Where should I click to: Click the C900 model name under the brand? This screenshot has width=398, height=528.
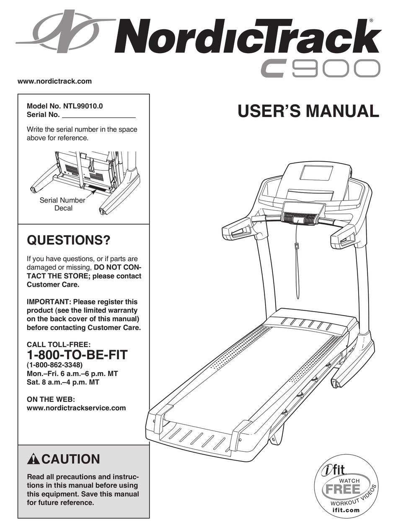pos(320,68)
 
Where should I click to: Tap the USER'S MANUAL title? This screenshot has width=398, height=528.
pos(308,111)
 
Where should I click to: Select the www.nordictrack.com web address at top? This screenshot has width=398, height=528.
pos(54,81)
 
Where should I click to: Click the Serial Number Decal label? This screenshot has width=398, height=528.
pos(63,204)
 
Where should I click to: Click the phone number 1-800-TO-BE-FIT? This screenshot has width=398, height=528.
pos(77,355)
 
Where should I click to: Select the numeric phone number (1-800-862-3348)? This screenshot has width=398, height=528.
pos(55,365)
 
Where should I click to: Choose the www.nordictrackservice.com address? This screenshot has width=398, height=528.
pos(76,408)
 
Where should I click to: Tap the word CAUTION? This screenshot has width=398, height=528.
pos(71,459)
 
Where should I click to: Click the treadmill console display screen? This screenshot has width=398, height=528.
pos(316,172)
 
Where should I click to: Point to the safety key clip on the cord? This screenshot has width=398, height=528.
pos(296,246)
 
